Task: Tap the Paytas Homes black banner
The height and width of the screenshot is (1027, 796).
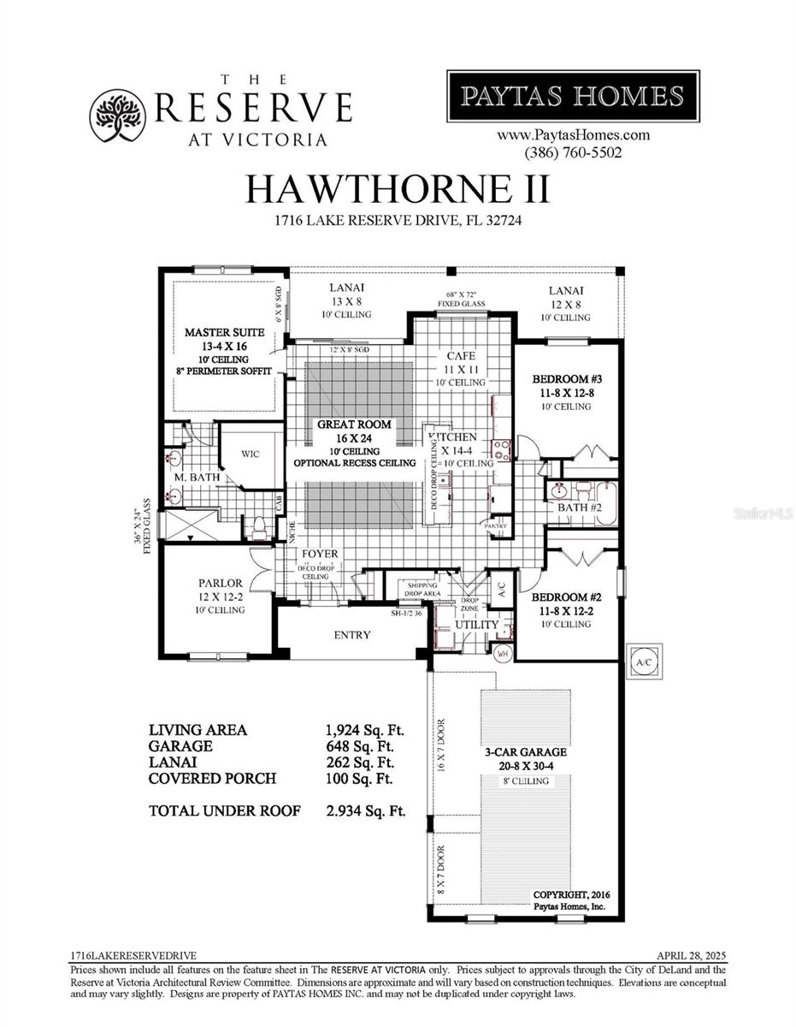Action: (x=573, y=96)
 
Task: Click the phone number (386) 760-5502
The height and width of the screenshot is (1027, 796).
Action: (x=573, y=152)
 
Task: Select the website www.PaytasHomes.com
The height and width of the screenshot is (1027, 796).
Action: (x=573, y=135)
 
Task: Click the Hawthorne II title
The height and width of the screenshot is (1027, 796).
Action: (x=398, y=189)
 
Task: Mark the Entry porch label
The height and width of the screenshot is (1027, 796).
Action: (x=352, y=635)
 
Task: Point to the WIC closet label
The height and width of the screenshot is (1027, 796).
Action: (x=250, y=454)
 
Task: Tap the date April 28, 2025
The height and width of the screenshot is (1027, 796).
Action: (x=691, y=955)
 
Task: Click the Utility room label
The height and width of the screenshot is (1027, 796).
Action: (x=476, y=625)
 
